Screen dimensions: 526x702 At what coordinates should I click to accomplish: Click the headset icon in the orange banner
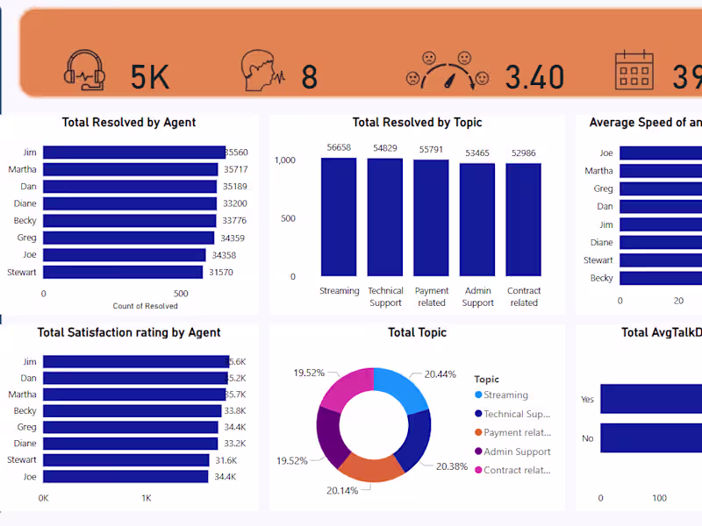point(85,69)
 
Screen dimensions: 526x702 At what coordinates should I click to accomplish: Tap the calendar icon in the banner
point(634,70)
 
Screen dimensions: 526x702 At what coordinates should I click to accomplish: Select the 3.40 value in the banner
point(534,78)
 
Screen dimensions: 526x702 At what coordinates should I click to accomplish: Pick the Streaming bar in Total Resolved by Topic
point(339,217)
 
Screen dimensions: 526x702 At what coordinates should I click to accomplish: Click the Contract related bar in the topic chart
point(524,219)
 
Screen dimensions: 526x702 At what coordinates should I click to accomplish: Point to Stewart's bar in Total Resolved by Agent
point(122,272)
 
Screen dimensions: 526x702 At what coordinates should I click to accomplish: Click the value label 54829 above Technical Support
point(385,148)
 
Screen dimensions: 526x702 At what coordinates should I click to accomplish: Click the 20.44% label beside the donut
point(440,374)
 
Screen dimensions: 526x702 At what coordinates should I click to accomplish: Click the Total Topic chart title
point(417,332)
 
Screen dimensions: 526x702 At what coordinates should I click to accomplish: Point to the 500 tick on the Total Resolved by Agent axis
point(181,294)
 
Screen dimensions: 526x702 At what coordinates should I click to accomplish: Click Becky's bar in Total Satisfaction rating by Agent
point(132,410)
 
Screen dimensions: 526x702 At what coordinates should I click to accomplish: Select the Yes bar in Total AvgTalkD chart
point(650,399)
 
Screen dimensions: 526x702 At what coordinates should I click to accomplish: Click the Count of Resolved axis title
point(145,306)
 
